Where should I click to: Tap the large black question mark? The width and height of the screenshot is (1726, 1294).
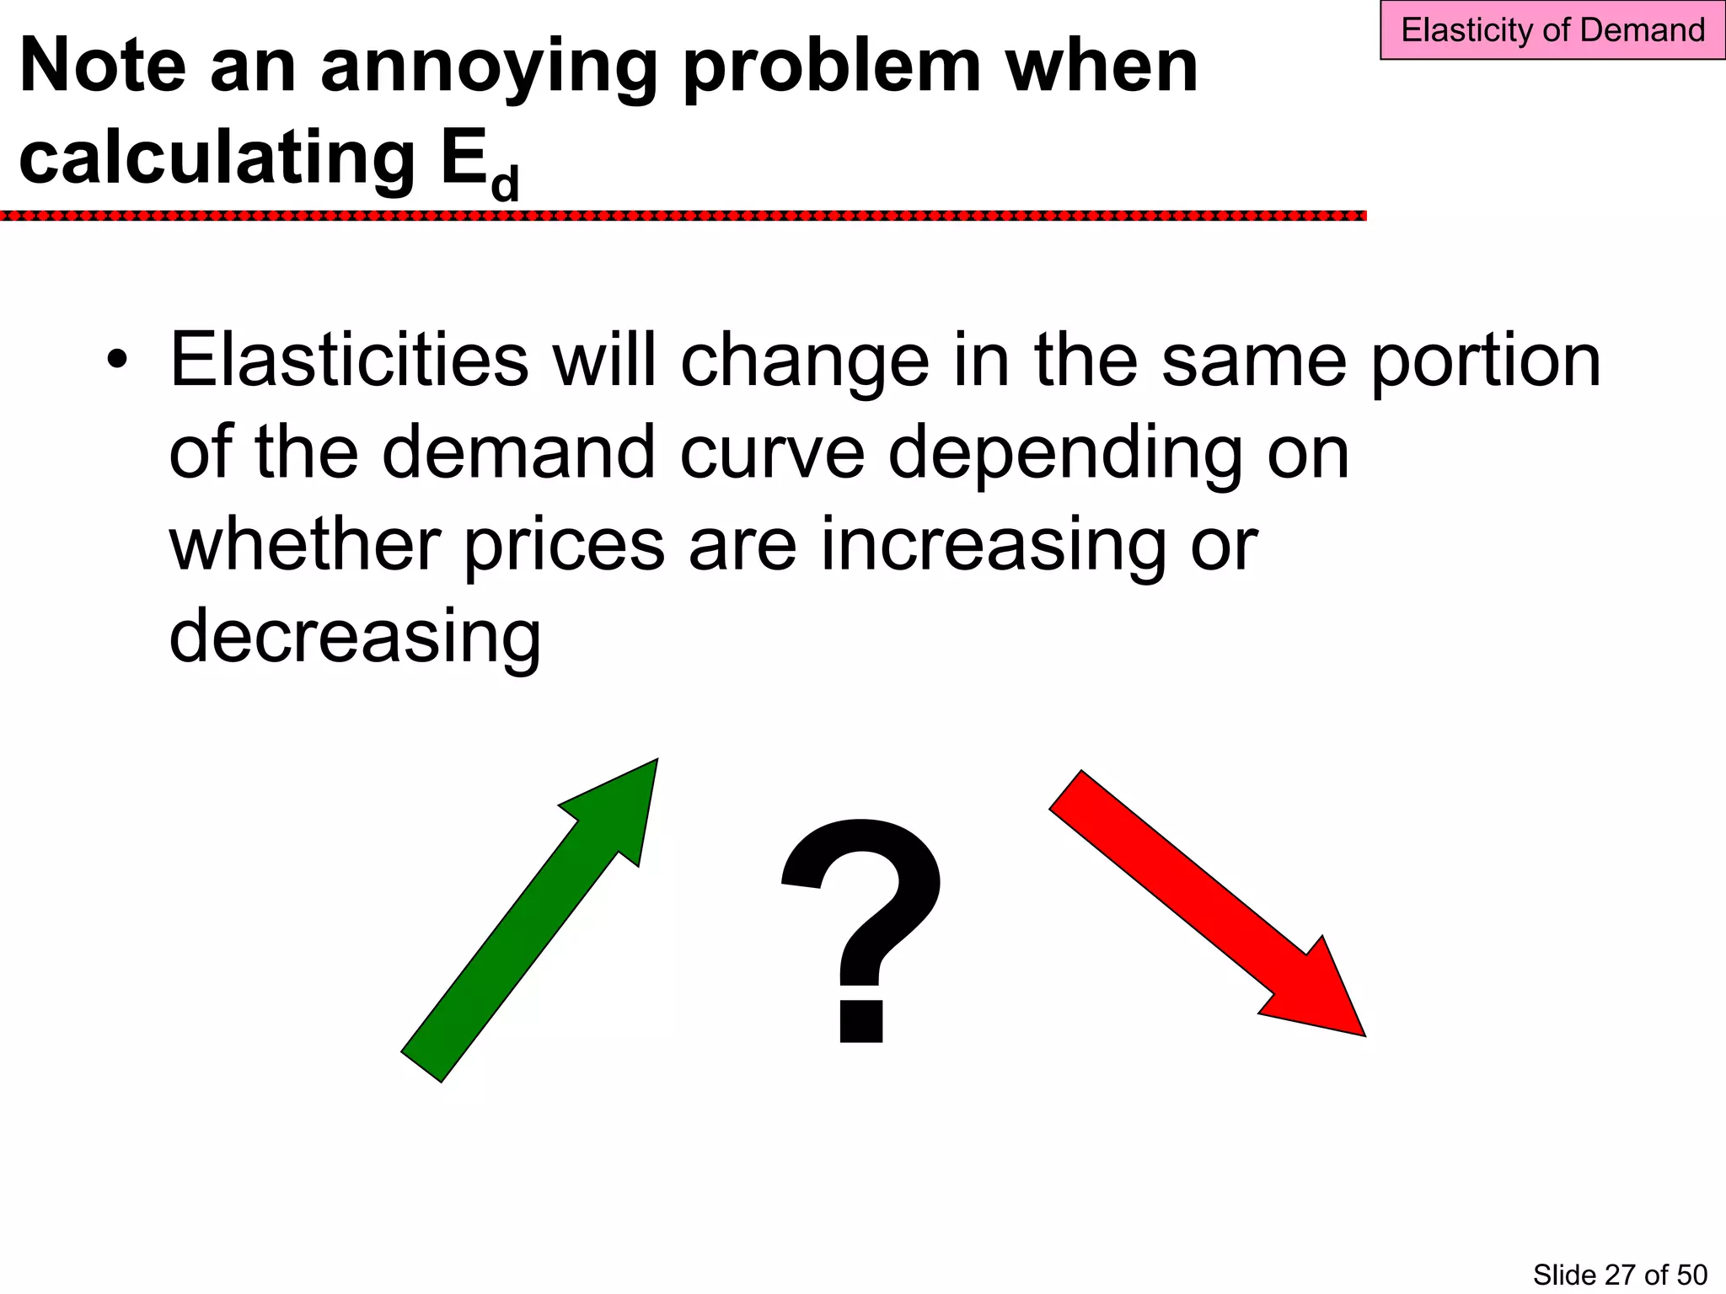pyautogui.click(x=861, y=927)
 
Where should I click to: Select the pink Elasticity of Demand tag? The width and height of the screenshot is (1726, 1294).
pyautogui.click(x=1552, y=30)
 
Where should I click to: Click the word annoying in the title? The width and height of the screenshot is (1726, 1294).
pyautogui.click(x=489, y=67)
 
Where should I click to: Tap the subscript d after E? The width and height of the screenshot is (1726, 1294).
pyautogui.click(x=505, y=183)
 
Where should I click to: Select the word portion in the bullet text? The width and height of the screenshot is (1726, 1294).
pyautogui.click(x=1486, y=362)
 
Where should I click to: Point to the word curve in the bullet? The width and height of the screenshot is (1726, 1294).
pyautogui.click(x=772, y=454)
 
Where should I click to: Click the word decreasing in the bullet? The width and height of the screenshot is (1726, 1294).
pyautogui.click(x=355, y=637)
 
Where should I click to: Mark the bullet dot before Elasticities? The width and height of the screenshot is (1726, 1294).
pyautogui.click(x=117, y=361)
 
